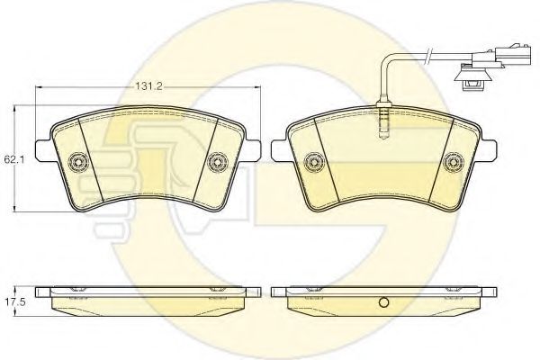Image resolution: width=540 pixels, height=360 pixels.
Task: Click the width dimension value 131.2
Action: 148,88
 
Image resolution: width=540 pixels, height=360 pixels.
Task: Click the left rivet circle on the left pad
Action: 78,162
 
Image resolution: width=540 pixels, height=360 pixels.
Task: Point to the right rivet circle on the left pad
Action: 216,162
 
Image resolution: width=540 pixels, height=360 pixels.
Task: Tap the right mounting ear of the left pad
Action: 251,149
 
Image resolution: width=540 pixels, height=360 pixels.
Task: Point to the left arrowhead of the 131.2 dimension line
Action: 38,88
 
